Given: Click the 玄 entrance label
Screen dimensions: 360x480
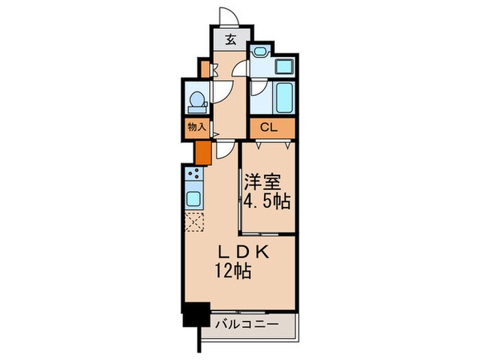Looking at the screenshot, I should [x=230, y=40].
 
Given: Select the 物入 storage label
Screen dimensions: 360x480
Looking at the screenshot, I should [x=196, y=127].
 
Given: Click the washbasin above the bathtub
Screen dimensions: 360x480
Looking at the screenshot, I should [x=282, y=67].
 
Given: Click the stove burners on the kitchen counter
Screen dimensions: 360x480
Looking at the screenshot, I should [x=193, y=175].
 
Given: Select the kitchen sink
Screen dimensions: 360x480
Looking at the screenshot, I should [x=193, y=200].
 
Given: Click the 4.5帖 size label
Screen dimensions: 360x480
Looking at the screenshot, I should [x=267, y=202].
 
